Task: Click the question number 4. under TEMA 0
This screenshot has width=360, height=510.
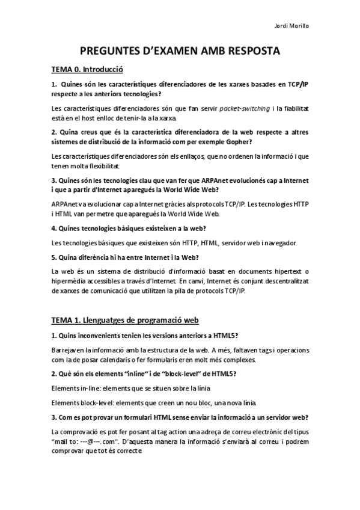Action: [54, 229]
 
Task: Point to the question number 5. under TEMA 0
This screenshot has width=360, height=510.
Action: [54, 257]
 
